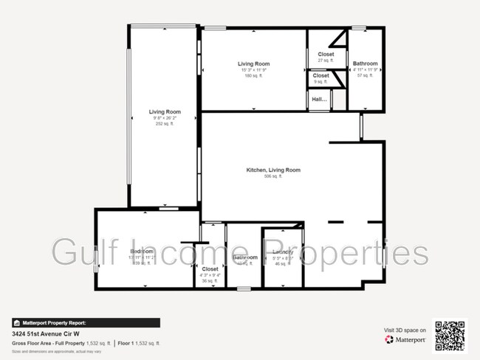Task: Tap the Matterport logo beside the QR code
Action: tap(405, 339)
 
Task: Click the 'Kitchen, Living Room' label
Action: tap(273, 170)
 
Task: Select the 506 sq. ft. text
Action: tap(273, 177)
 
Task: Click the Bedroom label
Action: tap(141, 252)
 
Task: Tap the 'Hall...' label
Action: tap(319, 99)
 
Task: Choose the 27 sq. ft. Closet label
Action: tap(326, 55)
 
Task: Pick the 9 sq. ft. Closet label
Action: tap(321, 75)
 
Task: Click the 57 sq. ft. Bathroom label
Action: tap(365, 63)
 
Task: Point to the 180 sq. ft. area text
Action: tap(253, 76)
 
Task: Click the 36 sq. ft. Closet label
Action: tap(210, 270)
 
